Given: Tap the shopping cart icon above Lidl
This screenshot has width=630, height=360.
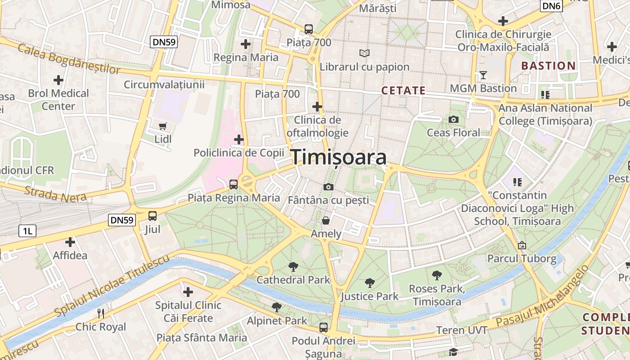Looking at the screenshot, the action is [x=162, y=126].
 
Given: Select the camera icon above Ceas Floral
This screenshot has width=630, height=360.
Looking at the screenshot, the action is [x=454, y=119].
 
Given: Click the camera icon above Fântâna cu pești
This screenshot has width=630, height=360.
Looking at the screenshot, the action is [x=328, y=187].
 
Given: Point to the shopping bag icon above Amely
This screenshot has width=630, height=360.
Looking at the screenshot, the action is [x=325, y=220].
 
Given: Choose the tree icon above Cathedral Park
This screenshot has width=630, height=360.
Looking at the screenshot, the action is [x=293, y=266].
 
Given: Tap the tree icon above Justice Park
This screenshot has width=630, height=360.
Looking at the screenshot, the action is [x=369, y=283].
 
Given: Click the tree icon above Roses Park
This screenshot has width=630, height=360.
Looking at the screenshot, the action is [x=436, y=275].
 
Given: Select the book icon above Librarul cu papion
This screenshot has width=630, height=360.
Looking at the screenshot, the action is [x=364, y=54].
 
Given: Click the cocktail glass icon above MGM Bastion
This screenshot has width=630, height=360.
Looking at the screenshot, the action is [x=483, y=75].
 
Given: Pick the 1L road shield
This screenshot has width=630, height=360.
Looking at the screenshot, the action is [x=27, y=231].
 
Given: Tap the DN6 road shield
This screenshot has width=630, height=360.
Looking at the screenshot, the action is [x=551, y=5].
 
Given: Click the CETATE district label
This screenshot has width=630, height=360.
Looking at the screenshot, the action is [x=403, y=90].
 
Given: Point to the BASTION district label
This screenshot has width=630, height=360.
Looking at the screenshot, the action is [x=549, y=66].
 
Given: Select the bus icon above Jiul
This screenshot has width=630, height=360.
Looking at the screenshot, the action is [x=153, y=216].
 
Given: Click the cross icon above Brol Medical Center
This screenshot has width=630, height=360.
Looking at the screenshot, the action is [x=58, y=80].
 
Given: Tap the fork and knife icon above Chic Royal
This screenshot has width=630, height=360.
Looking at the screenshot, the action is [x=101, y=313].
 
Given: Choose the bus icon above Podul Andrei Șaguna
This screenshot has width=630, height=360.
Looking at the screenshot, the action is [x=323, y=328].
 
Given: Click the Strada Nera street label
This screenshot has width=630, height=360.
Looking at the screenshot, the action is [x=49, y=193].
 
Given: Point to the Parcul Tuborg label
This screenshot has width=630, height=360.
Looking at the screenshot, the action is [x=522, y=259].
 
